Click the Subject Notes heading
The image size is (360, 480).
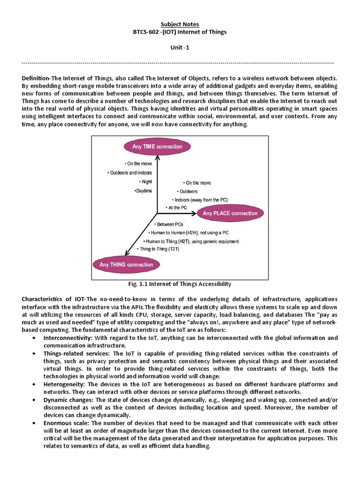180,24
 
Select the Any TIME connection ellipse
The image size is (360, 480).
157,147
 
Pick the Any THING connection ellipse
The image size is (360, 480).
126,264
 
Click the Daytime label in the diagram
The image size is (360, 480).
143,191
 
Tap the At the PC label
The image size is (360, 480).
177,207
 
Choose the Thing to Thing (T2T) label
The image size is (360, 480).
157,249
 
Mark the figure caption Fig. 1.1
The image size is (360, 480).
180,284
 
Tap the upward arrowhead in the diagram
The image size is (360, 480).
157,158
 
